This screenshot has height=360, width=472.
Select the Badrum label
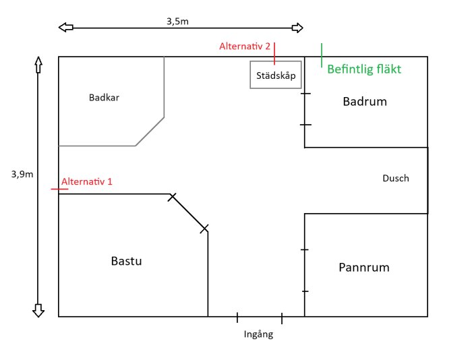coord(365,102)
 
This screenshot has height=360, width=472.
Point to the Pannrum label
coord(364,268)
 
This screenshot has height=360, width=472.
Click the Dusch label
coord(396,179)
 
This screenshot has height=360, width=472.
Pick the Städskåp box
coord(276,75)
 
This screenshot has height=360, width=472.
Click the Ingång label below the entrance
coord(259,334)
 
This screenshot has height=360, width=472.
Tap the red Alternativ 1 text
coord(87,181)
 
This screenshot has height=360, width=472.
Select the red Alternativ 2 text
coord(245,47)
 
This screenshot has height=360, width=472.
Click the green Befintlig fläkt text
coord(368,69)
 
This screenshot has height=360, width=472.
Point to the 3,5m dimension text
coord(177,21)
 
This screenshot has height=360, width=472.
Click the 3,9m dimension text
coord(22,173)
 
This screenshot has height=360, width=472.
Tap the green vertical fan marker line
coord(322,55)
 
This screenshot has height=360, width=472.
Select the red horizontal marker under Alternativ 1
coord(59,190)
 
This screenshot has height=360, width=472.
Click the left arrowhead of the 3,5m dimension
coord(65,28)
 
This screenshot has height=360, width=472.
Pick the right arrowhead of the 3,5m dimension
coord(297,28)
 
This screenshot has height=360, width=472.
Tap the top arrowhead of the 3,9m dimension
coord(38,65)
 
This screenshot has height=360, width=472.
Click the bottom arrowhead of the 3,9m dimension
coord(38,309)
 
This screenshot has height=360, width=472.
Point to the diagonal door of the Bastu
coord(189,212)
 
